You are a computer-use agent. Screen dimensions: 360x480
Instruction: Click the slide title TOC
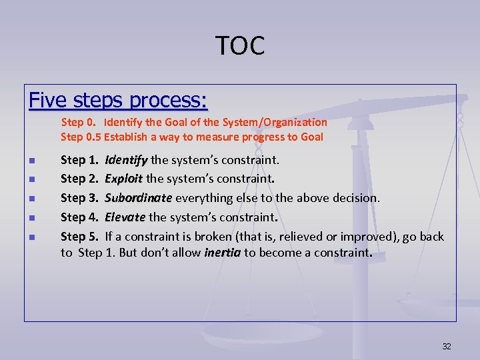coord(240,45)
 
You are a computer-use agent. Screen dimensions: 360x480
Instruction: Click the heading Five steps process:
coord(118,101)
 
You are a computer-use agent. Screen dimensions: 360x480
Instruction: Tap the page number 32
coord(447,346)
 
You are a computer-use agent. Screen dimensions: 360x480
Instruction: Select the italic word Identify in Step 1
coord(126,160)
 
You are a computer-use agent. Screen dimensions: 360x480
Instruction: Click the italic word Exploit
coord(124,179)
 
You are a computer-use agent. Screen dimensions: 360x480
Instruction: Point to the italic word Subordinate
coord(139,198)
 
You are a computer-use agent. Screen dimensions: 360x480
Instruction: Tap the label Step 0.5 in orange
coord(81,137)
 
